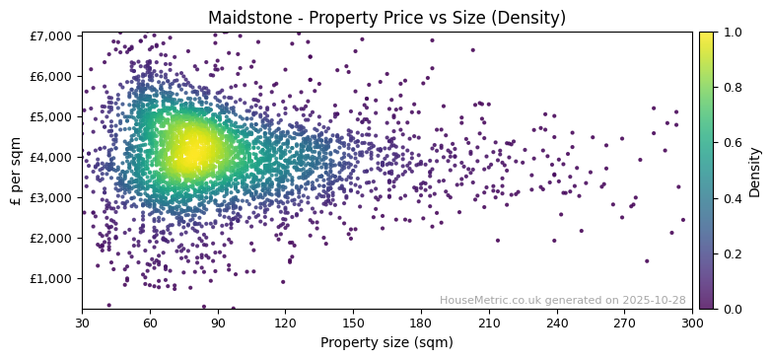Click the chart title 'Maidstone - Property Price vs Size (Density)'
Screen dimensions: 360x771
(386, 18)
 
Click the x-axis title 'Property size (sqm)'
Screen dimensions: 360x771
(386, 343)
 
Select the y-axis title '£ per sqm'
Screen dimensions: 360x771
(16, 171)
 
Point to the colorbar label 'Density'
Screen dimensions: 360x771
(754, 171)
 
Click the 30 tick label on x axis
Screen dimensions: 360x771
(82, 323)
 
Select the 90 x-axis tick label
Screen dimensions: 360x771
(218, 323)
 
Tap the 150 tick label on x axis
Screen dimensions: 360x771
(353, 323)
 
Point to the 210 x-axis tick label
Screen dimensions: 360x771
(489, 323)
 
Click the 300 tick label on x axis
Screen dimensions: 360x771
(692, 323)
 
